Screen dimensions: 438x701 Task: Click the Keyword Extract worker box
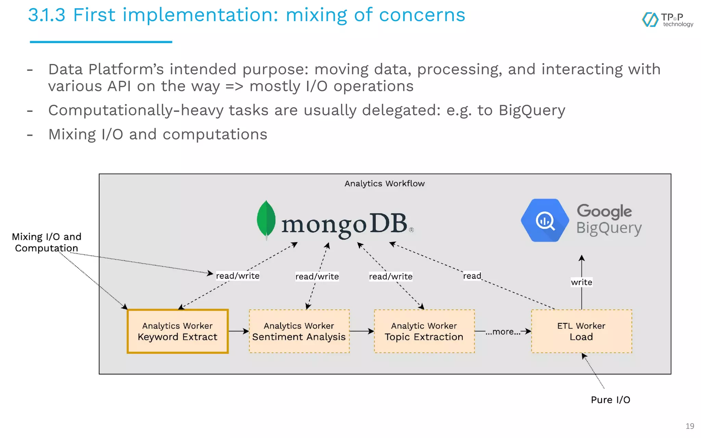177,331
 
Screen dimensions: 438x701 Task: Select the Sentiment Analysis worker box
299,331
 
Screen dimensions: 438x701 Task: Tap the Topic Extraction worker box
424,331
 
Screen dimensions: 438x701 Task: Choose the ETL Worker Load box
581,331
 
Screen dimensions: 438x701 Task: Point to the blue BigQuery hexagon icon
545,220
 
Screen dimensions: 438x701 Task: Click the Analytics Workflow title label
384,184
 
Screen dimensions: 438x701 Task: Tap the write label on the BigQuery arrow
581,282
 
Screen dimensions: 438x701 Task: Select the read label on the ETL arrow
472,276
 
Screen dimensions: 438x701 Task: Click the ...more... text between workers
503,332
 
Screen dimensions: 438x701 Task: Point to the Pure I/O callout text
610,400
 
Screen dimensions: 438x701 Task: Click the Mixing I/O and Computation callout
47,242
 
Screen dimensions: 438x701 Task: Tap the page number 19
690,426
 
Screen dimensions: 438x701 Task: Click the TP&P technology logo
667,20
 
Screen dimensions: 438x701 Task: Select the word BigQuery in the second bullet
532,111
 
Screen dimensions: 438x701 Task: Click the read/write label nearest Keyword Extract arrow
238,276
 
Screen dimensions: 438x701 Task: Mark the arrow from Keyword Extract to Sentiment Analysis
239,331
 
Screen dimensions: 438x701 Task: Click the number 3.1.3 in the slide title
47,15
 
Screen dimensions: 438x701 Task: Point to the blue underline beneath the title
101,42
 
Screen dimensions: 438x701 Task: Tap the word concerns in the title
422,15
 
